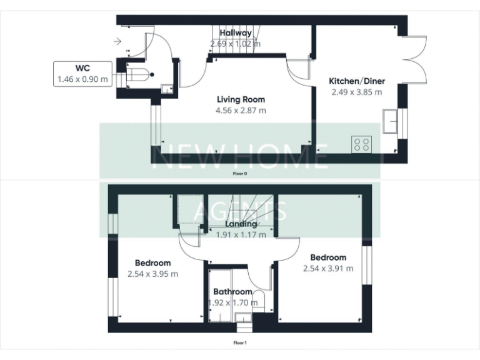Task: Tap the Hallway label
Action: tap(236, 33)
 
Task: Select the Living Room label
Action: tap(241, 99)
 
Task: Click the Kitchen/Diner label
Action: tap(357, 81)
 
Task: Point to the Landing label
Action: tap(241, 224)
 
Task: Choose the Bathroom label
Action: tap(232, 292)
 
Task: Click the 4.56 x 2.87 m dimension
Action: tap(241, 111)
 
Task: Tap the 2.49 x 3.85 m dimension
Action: tap(356, 92)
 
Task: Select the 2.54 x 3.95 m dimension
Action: tap(152, 274)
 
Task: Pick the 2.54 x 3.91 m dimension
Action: tap(328, 269)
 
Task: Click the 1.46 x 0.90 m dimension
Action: tap(82, 79)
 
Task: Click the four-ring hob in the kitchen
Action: tap(361, 144)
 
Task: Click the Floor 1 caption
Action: tap(240, 342)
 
